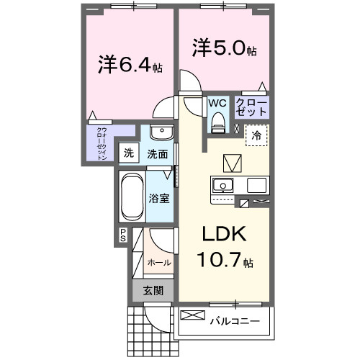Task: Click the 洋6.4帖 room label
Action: (130, 67)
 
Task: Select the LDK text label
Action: (223, 235)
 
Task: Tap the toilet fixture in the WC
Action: (217, 125)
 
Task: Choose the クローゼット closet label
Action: (251, 109)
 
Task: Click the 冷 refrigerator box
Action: (256, 135)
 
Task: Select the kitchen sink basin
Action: (223, 184)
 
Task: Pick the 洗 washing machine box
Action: (128, 153)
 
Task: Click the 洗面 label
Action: (158, 153)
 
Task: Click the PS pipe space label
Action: (123, 234)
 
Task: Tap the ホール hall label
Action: (159, 262)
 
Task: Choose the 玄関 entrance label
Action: (153, 290)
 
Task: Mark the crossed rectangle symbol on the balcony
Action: (192, 315)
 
